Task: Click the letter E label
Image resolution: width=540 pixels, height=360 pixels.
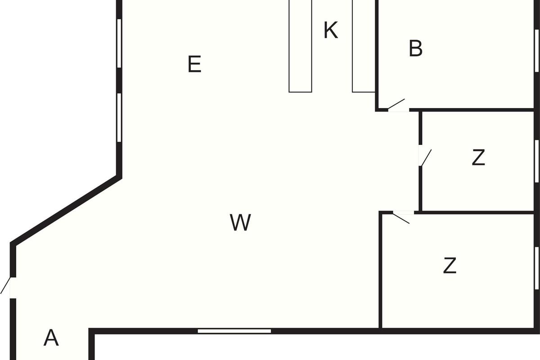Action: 194,64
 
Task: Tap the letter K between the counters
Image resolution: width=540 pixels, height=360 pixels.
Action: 330,30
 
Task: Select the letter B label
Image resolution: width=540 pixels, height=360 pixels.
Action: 416,48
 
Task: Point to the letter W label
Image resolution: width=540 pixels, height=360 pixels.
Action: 240,222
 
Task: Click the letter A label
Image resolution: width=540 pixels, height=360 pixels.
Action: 51,337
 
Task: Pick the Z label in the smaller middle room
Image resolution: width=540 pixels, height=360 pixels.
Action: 478,157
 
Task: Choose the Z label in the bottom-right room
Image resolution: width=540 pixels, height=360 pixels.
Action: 450,265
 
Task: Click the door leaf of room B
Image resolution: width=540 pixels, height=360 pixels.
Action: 396,104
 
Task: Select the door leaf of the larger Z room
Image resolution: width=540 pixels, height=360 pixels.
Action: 401,219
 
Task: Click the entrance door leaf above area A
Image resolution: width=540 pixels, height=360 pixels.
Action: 5,285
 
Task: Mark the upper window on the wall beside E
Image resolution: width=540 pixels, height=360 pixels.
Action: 119,43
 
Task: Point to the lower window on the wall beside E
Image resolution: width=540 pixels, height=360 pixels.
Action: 119,117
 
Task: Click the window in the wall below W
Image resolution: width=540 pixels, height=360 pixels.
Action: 234,331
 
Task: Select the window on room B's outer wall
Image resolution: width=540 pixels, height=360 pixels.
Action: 536,51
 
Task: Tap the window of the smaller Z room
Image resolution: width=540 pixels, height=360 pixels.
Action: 536,161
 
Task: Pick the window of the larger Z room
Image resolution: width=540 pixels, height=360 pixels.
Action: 536,268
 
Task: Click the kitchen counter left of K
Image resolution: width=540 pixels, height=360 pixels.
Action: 301,46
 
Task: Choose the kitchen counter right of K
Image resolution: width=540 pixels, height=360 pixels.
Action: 364,46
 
